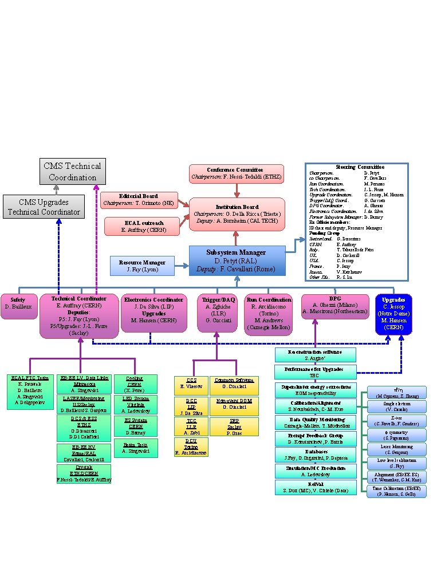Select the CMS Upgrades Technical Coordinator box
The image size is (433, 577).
coord(44,206)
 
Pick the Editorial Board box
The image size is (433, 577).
coord(139,200)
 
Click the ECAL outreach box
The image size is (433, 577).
coord(142,226)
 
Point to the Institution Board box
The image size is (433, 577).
coord(237,214)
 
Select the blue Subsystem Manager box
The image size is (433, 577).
coord(237,260)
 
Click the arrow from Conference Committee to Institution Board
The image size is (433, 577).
coord(237,189)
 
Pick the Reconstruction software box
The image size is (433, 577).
coord(315,354)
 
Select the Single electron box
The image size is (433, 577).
coord(397,406)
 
